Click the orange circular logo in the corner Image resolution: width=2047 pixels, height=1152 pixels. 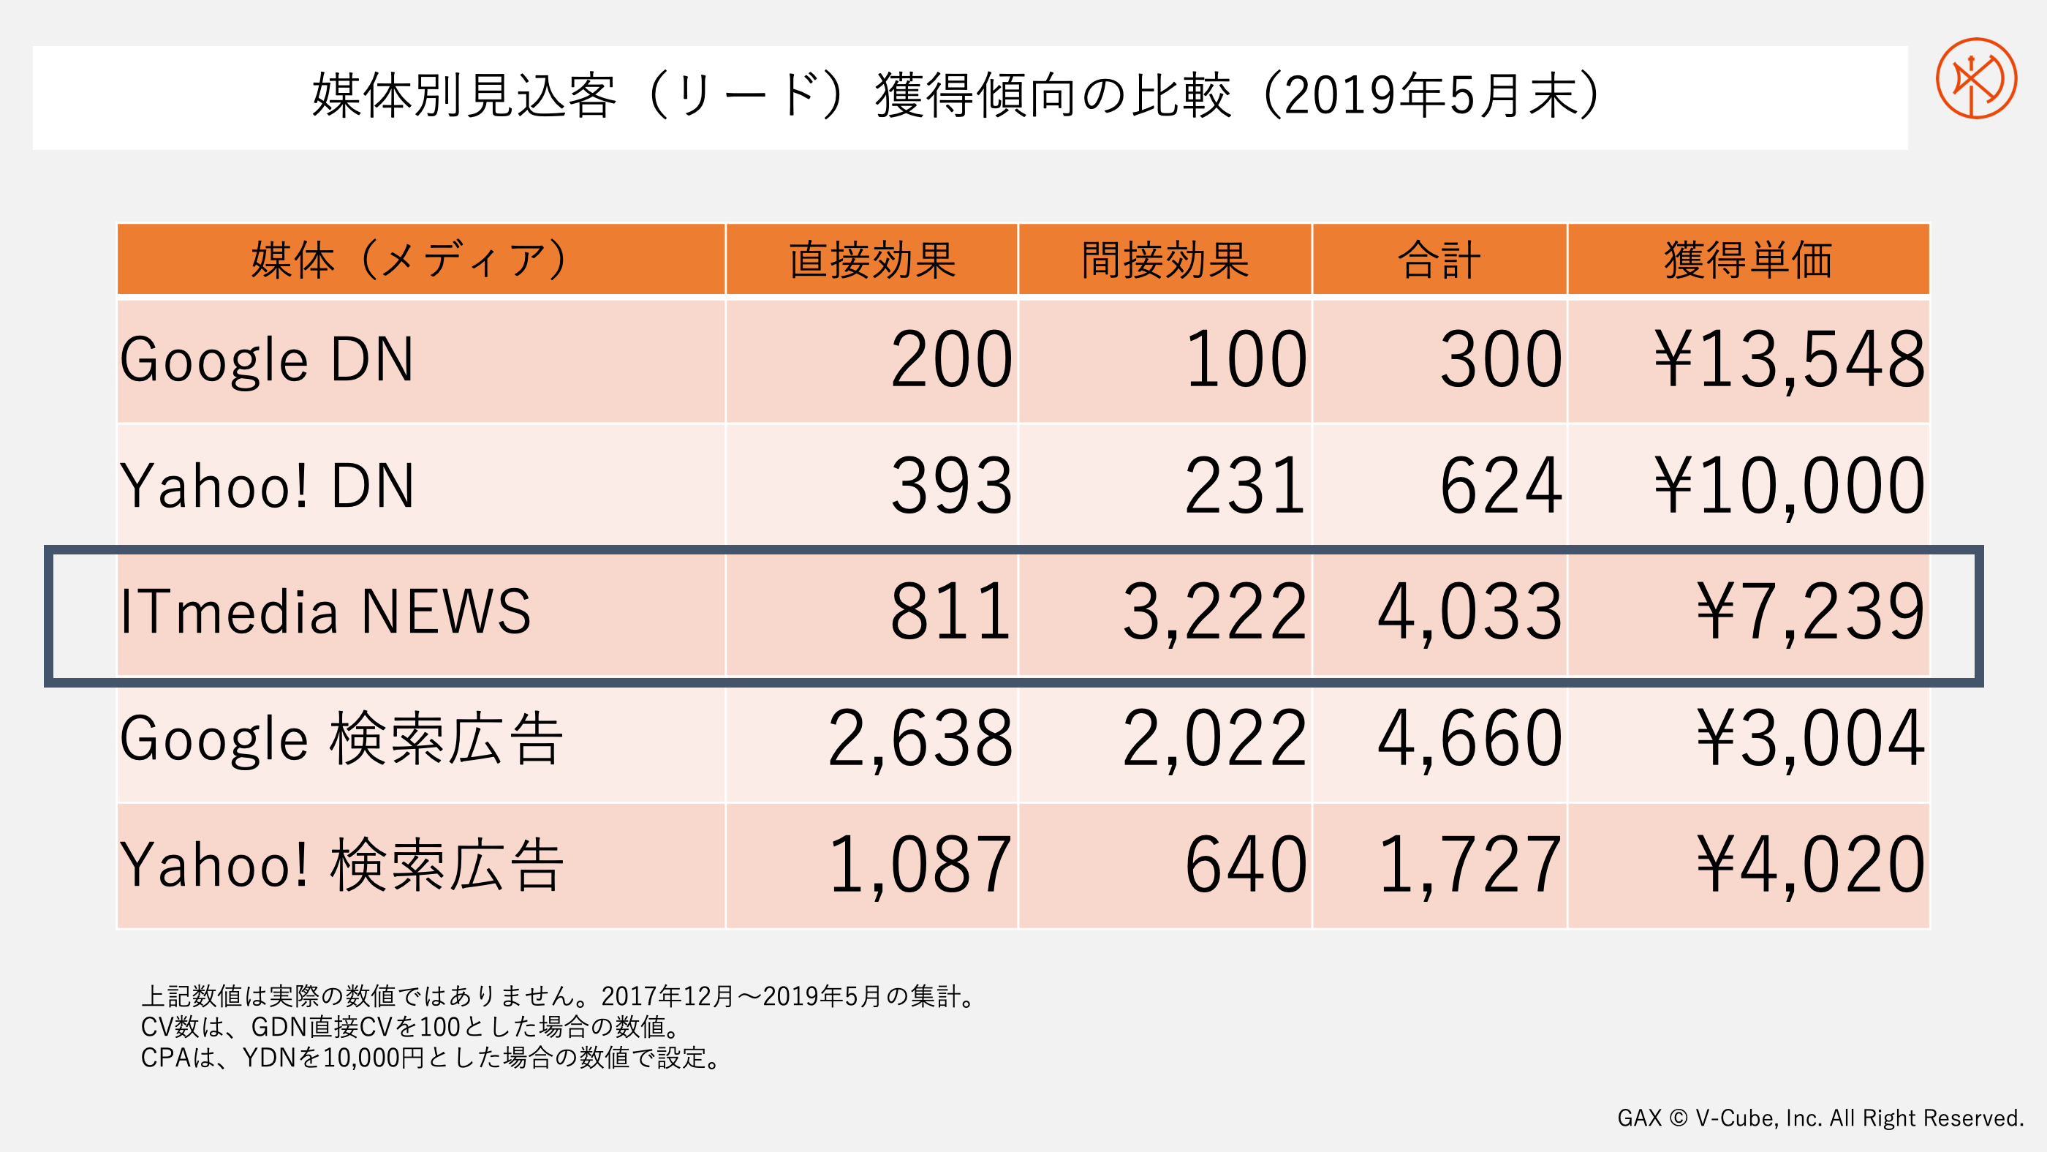tap(1975, 78)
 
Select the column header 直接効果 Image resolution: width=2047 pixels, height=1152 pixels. tap(871, 260)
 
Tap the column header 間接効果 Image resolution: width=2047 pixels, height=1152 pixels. tap(1165, 260)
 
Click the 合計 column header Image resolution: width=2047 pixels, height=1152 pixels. tap(1438, 260)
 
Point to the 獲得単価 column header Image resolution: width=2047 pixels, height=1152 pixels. tap(1747, 260)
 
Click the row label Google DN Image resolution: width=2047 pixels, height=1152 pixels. tap(267, 360)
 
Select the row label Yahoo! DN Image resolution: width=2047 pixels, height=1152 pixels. tap(267, 486)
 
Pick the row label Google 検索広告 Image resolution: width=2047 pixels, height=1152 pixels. tap(341, 739)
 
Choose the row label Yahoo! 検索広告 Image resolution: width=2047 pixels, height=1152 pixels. tap(341, 865)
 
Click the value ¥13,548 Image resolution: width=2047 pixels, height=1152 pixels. tap(1789, 360)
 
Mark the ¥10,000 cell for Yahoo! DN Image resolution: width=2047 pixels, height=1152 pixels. tap(1789, 486)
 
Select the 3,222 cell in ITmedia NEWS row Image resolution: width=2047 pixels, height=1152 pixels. tap(1214, 611)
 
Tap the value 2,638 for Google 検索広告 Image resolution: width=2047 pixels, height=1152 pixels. tap(920, 739)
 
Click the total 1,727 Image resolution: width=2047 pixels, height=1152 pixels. tap(1469, 865)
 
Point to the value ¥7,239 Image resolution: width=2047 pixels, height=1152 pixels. tap(1809, 611)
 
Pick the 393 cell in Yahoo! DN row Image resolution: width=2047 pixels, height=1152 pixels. tap(951, 486)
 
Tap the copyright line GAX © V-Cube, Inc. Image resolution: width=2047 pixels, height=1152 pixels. tap(1820, 1118)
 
